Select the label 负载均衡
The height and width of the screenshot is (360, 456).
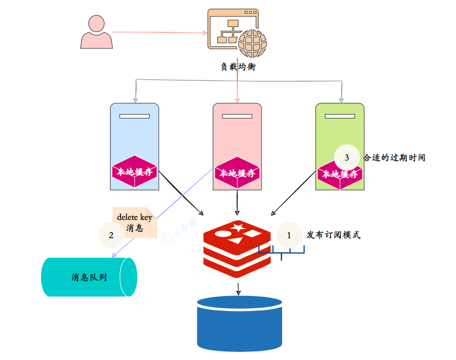click(x=238, y=67)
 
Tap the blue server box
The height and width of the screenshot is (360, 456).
click(x=134, y=137)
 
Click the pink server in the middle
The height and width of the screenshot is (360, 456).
click(x=237, y=137)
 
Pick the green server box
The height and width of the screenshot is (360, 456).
click(x=340, y=132)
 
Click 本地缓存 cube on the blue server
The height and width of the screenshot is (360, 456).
click(x=135, y=172)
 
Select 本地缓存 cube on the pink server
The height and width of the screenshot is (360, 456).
click(x=237, y=173)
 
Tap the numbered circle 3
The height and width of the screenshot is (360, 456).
click(x=346, y=158)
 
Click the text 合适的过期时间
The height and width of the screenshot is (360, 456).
click(x=394, y=158)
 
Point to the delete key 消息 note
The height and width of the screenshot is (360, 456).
click(x=134, y=222)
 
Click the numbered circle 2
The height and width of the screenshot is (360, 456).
click(x=111, y=235)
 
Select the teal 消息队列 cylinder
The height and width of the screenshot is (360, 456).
click(x=89, y=277)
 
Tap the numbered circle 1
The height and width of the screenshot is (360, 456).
click(x=288, y=235)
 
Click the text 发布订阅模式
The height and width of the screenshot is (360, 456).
click(x=333, y=235)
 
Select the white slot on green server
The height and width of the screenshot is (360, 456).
click(x=340, y=116)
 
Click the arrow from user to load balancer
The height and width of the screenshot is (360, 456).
click(x=157, y=32)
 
